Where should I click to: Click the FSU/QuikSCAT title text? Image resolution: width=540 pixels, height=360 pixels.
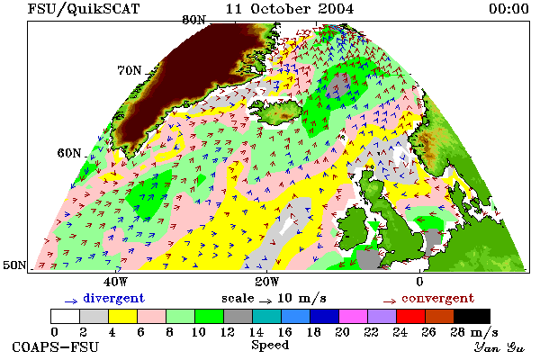84,9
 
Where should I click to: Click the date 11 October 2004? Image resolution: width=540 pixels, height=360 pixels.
289,8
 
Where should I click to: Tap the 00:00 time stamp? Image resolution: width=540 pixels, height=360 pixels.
508,8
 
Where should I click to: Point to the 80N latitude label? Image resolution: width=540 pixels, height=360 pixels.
193,20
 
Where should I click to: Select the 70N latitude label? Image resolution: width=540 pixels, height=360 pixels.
130,70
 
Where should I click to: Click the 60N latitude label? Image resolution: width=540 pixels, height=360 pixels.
69,153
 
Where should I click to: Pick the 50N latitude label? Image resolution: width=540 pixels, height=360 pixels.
14,265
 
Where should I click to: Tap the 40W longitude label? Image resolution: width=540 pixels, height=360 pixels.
115,282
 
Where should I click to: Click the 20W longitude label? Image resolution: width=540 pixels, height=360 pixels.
267,282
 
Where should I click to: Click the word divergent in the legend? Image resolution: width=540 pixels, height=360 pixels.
113,298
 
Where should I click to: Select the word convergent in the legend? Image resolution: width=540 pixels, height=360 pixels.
437,298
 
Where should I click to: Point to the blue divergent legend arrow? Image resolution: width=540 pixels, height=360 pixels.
71,301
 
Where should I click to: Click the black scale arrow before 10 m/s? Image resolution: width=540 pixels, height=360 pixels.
265,301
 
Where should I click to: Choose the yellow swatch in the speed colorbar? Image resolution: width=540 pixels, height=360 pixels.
123,316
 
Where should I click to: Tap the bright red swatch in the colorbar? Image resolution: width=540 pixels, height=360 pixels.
411,316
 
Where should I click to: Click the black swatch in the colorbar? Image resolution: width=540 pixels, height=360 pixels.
472,316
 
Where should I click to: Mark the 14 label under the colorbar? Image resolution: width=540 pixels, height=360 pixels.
256,332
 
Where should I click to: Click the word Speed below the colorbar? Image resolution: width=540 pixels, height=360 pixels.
270,346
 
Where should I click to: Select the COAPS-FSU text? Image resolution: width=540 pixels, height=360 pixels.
56,346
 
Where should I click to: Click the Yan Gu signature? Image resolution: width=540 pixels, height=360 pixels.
499,347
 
